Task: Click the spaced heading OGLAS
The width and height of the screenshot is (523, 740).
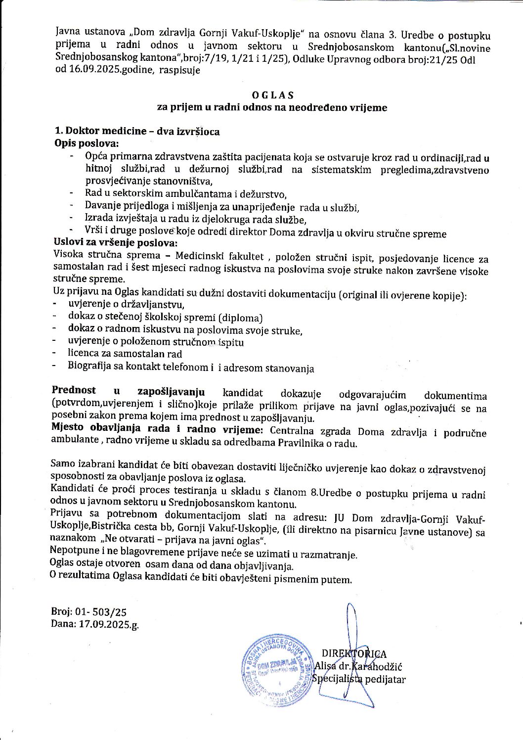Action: [272, 95]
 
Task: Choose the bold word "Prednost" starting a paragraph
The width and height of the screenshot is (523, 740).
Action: [74, 391]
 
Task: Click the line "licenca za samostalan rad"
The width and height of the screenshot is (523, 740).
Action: [125, 354]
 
